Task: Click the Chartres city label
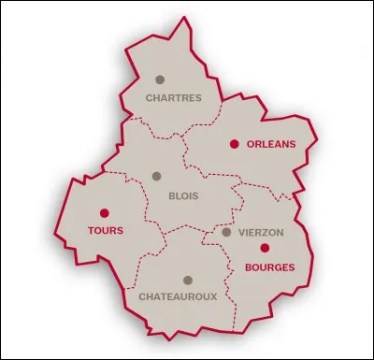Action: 173,96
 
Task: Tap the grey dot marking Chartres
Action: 160,79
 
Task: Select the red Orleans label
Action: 270,144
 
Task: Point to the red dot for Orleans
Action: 234,144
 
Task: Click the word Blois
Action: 181,196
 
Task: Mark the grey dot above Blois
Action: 156,176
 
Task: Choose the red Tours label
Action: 105,230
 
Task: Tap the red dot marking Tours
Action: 104,212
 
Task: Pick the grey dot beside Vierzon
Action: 226,232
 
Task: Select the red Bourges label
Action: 269,266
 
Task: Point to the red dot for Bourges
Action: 265,248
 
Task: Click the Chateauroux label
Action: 178,296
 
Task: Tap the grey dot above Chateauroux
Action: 187,280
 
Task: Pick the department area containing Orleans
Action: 252,168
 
